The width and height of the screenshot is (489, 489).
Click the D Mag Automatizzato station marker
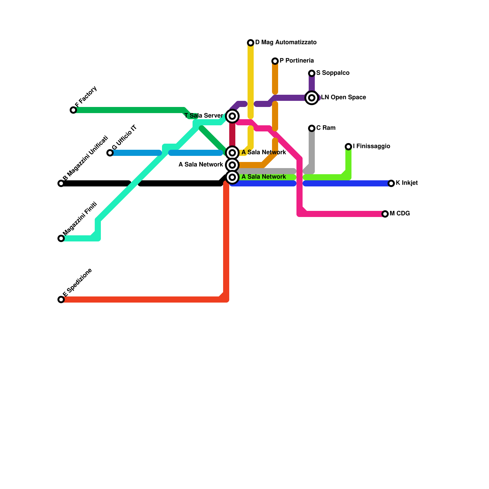coord(251,43)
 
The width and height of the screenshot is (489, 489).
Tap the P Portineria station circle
coord(275,61)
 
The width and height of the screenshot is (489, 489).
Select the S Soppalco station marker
coord(312,73)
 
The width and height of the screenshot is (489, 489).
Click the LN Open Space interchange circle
coord(312,98)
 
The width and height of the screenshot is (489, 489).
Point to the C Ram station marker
coord(312,128)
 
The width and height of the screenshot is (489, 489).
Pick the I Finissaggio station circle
coord(348,147)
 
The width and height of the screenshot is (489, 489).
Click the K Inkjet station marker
coord(391,183)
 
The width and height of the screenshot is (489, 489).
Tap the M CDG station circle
coord(385,214)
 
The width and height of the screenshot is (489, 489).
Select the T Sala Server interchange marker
coord(232,116)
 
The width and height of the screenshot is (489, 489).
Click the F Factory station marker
coord(73,110)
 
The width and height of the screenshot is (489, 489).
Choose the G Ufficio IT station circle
coord(110,153)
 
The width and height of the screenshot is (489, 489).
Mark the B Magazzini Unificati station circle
coord(61,183)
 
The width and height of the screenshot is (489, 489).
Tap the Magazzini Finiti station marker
coord(61,238)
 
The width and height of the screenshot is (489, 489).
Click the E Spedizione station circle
coord(61,300)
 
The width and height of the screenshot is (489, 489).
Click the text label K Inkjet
coord(406,183)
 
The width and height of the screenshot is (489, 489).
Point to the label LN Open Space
coord(343,97)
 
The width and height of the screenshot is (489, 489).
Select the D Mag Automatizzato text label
coord(286,42)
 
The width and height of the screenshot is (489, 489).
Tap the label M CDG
coord(400,214)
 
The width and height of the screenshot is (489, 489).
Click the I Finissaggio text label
coord(371,146)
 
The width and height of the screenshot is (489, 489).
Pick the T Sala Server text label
coord(204,116)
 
